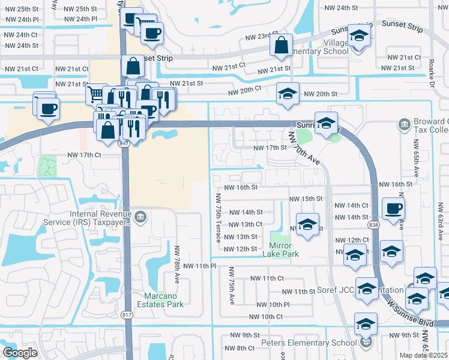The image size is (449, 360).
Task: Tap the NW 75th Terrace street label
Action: click(218, 216)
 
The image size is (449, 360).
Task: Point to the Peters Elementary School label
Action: click(309, 343)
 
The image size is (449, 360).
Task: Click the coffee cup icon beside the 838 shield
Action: click(394, 208)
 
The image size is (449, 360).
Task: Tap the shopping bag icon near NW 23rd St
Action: click(281, 44)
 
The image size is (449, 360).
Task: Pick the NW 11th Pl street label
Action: click(199, 266)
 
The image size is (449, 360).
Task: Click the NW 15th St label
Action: click(306, 199)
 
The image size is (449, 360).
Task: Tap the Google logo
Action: click(20, 352)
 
